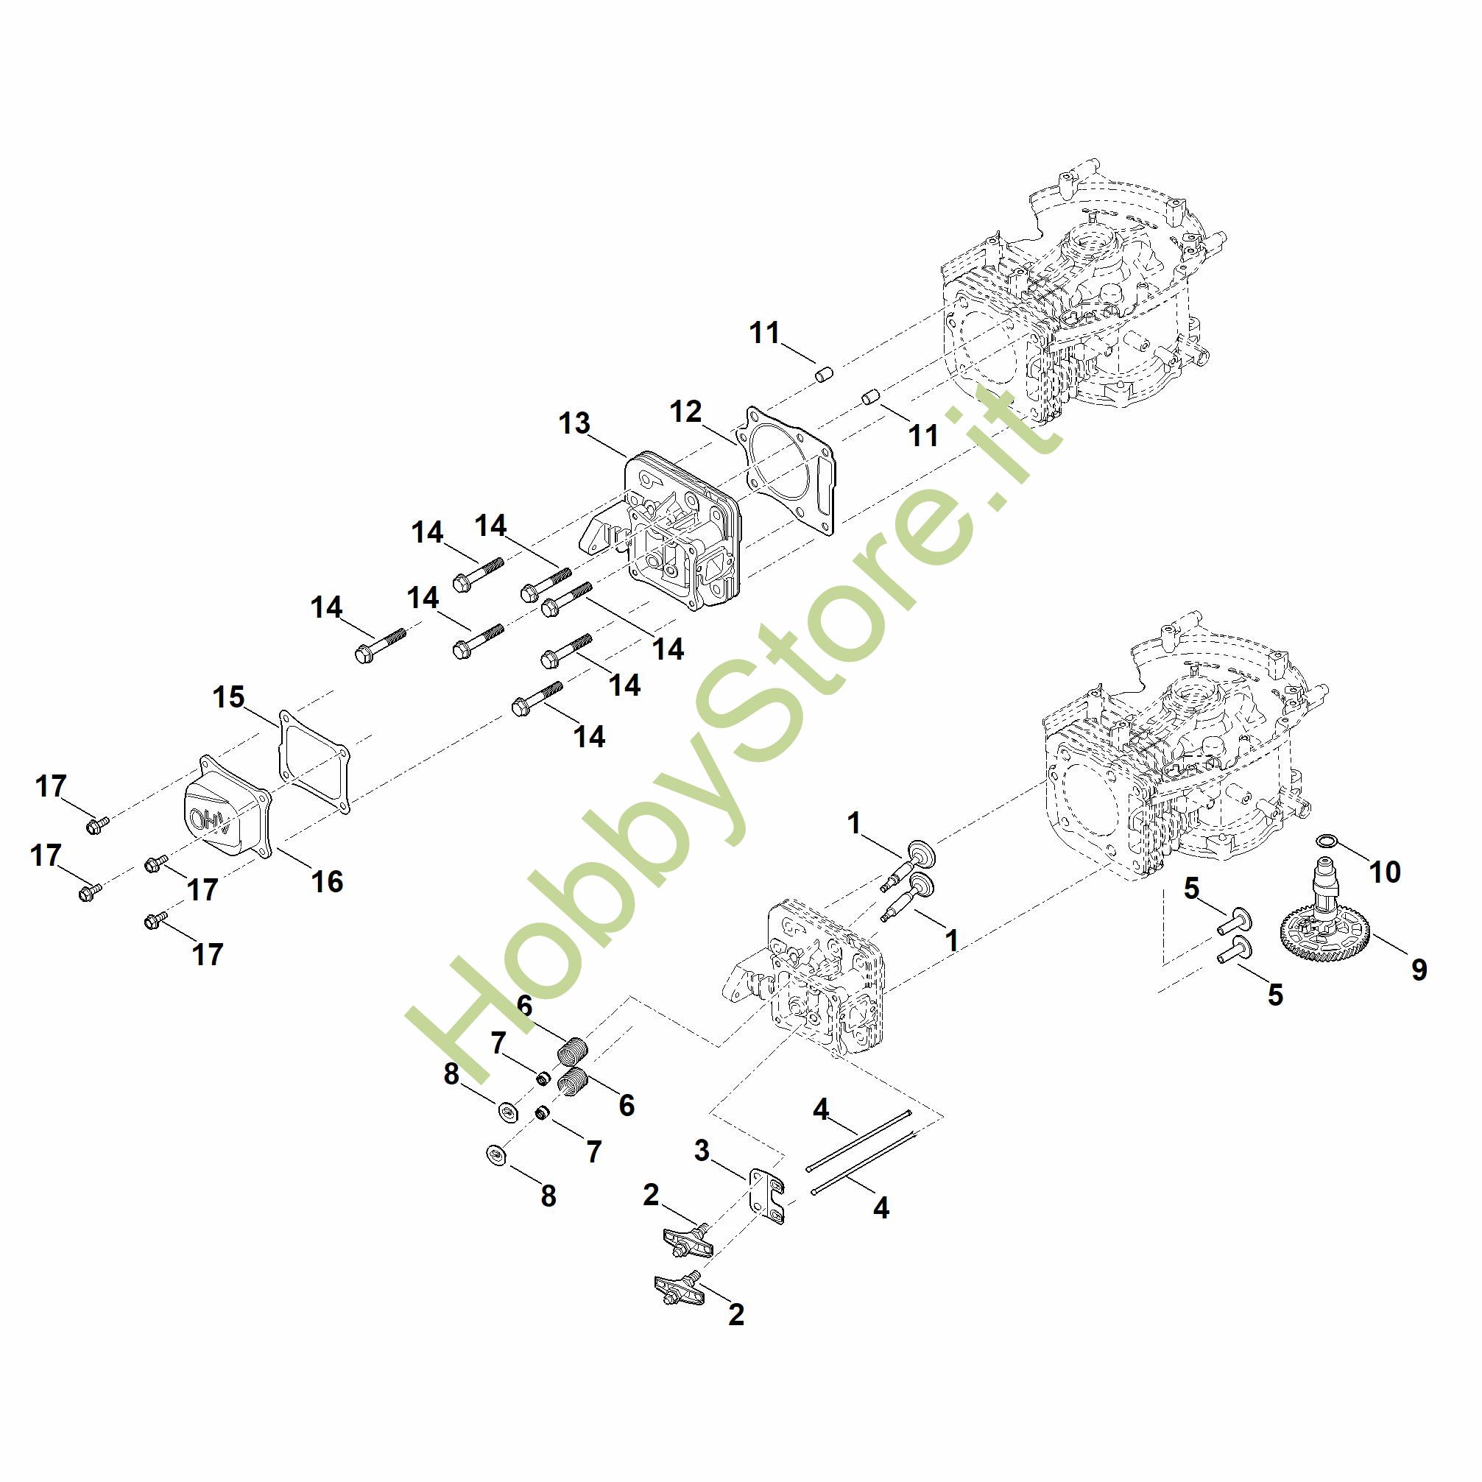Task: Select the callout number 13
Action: pyautogui.click(x=574, y=423)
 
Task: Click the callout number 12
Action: pyautogui.click(x=685, y=412)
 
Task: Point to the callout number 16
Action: pyautogui.click(x=327, y=882)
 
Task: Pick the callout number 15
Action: pyautogui.click(x=228, y=698)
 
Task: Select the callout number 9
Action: pyautogui.click(x=1419, y=970)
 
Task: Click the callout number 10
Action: pyautogui.click(x=1385, y=872)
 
